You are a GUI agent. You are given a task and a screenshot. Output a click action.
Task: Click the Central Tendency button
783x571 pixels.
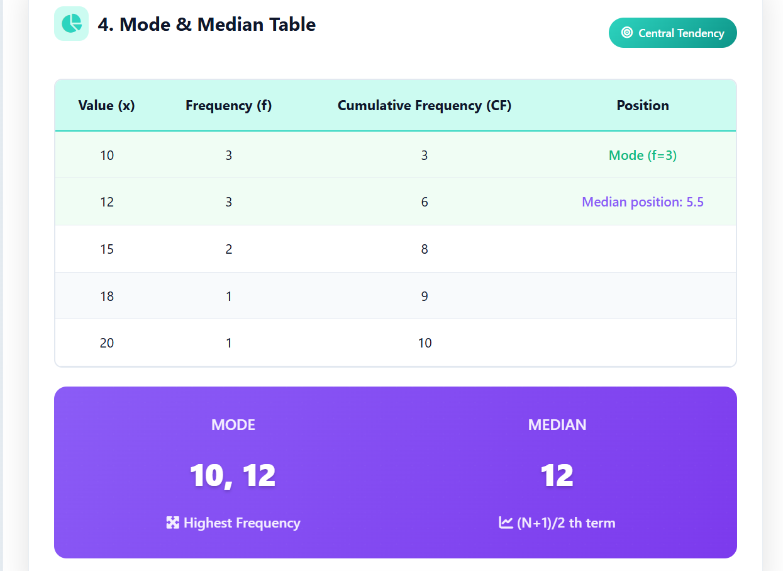(x=672, y=33)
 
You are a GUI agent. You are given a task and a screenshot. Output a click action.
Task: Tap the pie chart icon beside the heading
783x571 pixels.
(x=71, y=24)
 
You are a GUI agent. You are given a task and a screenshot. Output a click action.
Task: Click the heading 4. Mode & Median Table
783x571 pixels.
(x=207, y=25)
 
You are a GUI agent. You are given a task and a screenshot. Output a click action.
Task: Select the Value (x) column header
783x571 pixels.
(x=106, y=106)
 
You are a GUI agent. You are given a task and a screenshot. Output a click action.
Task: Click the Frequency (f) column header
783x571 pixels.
(x=228, y=106)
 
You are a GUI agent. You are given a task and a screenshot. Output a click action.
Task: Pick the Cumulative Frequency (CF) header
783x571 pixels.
(x=425, y=106)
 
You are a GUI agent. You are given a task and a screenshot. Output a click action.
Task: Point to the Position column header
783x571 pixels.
(x=642, y=106)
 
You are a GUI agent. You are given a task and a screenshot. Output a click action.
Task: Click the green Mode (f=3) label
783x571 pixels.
(x=642, y=155)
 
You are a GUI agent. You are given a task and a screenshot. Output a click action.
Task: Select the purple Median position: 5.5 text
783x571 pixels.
(x=642, y=202)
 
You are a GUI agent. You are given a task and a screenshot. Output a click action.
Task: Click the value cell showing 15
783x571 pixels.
(x=107, y=249)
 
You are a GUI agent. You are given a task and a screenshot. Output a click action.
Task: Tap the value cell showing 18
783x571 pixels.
(x=107, y=296)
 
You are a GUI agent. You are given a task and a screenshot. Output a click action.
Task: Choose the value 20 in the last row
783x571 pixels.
(x=107, y=343)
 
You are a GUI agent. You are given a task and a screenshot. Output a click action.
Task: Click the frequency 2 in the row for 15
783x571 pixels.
(x=229, y=249)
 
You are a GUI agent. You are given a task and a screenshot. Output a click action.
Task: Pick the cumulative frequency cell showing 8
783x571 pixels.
(x=425, y=249)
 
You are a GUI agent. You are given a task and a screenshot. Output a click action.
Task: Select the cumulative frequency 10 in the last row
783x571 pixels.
(x=425, y=343)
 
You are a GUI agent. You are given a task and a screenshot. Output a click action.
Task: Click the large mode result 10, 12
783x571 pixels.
(x=233, y=475)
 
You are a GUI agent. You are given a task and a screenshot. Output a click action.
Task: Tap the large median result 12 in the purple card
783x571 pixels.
(x=557, y=475)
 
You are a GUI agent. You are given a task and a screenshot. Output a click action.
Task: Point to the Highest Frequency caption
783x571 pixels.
(x=233, y=523)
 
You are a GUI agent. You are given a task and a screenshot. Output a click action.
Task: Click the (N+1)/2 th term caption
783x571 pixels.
(x=557, y=523)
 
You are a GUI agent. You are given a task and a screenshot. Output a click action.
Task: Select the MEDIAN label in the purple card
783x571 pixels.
(x=557, y=425)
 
